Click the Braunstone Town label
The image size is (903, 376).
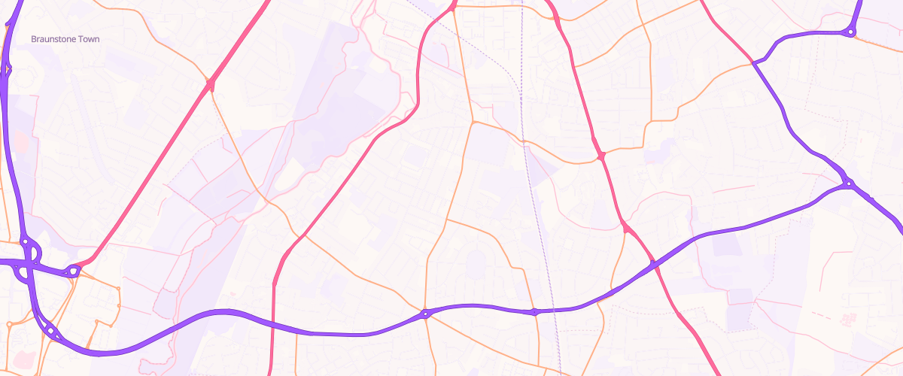(x=65, y=39)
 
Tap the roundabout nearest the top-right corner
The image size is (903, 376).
(x=850, y=32)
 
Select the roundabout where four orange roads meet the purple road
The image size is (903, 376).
(x=425, y=314)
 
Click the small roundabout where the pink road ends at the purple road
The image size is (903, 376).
(x=74, y=270)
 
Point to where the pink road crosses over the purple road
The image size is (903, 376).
(x=653, y=264)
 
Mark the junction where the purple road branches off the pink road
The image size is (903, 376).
(x=752, y=62)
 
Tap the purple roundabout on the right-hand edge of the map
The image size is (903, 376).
(x=848, y=183)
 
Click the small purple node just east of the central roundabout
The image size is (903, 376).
(x=534, y=311)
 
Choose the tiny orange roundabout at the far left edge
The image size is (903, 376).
(x=8, y=325)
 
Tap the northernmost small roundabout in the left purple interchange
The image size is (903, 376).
(x=25, y=241)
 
